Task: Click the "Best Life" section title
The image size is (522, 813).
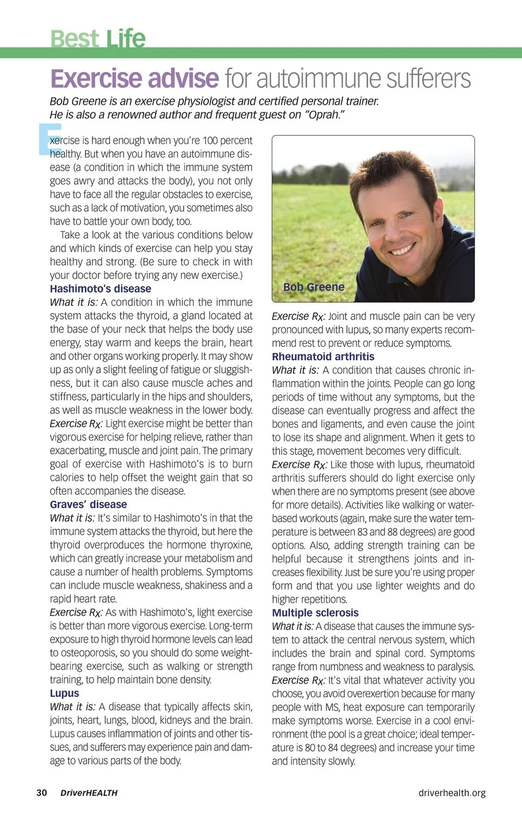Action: tap(98, 38)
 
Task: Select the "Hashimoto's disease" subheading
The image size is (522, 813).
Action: tap(101, 289)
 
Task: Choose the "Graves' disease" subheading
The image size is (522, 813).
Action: tap(88, 504)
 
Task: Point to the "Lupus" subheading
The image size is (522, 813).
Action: tap(64, 693)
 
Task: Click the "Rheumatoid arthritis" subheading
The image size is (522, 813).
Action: tap(323, 357)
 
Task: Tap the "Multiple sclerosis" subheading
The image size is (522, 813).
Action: tap(315, 612)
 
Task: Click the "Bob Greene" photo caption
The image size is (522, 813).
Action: tap(314, 287)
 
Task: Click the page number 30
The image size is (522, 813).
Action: tap(42, 792)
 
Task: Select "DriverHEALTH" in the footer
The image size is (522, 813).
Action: tap(89, 793)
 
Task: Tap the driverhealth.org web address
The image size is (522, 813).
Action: tap(452, 792)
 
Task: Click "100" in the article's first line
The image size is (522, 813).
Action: tap(210, 140)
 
